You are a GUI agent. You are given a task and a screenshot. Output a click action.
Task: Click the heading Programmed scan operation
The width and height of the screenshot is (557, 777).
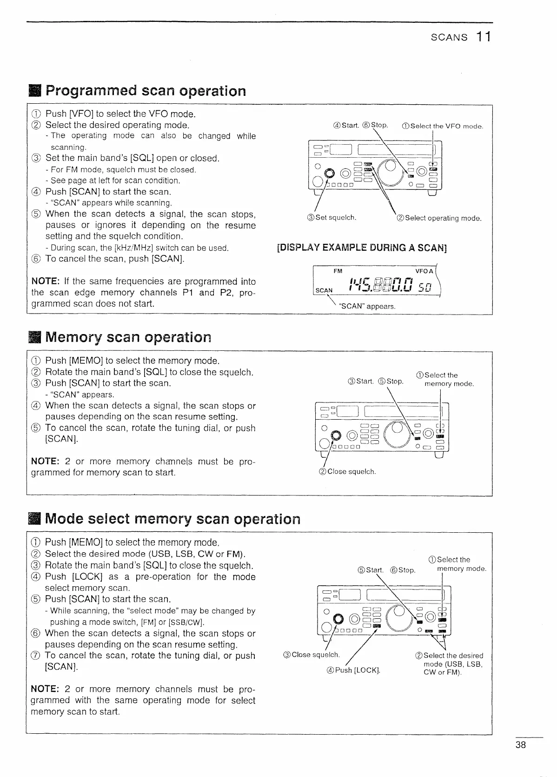point(145,90)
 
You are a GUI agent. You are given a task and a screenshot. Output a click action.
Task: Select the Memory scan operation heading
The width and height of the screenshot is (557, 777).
point(128,337)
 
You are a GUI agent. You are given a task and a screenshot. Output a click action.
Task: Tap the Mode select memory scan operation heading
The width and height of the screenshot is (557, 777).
point(172,519)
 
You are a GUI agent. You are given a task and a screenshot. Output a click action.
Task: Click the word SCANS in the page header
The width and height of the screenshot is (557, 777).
point(449,38)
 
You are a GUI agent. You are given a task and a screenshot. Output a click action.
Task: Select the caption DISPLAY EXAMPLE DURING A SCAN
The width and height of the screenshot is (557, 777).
point(362,248)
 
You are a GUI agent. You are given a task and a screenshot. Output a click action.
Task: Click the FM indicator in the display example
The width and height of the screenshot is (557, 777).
point(338,271)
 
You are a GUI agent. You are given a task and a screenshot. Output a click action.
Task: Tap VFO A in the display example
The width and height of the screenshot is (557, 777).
point(424,271)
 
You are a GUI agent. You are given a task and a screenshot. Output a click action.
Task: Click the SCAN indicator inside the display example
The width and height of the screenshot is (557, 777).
point(324,290)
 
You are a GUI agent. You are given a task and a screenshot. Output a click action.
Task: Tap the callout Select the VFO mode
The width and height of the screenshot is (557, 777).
point(442,126)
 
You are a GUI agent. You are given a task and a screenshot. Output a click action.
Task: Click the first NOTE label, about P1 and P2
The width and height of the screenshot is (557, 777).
point(45,281)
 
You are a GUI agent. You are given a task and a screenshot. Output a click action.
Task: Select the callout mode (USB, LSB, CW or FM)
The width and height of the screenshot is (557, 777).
point(453,664)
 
